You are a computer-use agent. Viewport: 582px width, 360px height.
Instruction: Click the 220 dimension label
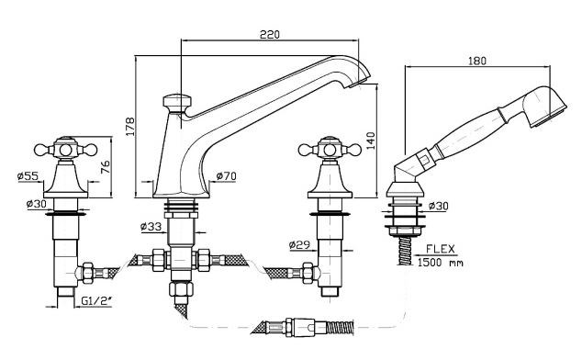tap(270, 34)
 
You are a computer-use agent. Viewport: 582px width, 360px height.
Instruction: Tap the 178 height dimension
tap(130, 127)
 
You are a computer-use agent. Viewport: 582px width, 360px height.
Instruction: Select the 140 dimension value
tap(371, 141)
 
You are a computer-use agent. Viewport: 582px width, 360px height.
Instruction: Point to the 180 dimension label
tap(477, 61)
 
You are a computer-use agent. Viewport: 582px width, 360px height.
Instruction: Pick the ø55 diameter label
tap(28, 175)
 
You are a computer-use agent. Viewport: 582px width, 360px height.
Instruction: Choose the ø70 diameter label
tap(226, 175)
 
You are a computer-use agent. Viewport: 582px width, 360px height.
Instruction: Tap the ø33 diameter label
tap(151, 226)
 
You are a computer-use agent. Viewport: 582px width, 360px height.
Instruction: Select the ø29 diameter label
tap(299, 245)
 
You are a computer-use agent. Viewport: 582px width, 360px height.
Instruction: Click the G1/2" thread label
tap(96, 300)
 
